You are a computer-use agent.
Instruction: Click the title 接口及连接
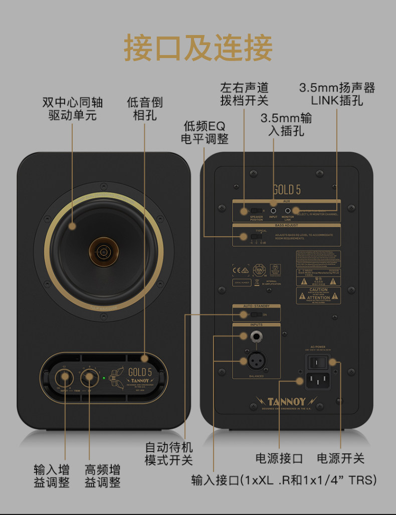coord(198,48)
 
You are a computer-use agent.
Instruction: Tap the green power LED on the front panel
coord(104,378)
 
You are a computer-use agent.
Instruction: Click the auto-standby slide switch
coord(256,315)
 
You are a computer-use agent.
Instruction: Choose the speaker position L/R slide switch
coord(256,211)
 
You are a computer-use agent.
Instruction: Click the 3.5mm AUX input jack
coord(273,211)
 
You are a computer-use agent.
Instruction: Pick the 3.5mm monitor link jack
coord(288,211)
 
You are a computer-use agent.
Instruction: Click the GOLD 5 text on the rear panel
coord(286,189)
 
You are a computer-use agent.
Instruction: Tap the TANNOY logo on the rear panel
coord(286,401)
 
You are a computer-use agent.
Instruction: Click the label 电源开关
coord(341,458)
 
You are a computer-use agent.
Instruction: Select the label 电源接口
coord(279,458)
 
